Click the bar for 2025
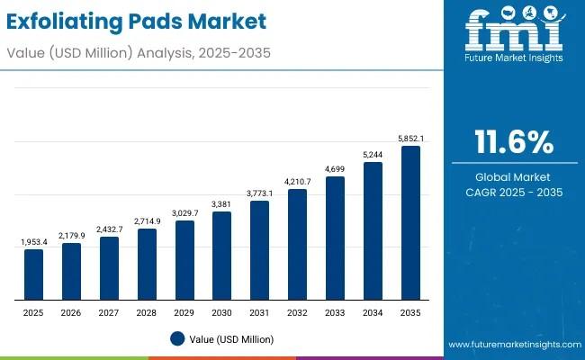click(33, 274)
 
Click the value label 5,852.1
click(410, 138)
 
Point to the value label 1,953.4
click(33, 242)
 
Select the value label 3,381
click(222, 203)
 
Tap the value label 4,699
click(335, 168)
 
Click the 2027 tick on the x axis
click(109, 311)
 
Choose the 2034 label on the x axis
click(373, 311)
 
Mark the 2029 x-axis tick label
click(184, 311)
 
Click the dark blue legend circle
click(177, 338)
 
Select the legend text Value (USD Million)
click(231, 339)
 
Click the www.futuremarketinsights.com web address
click(513, 345)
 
